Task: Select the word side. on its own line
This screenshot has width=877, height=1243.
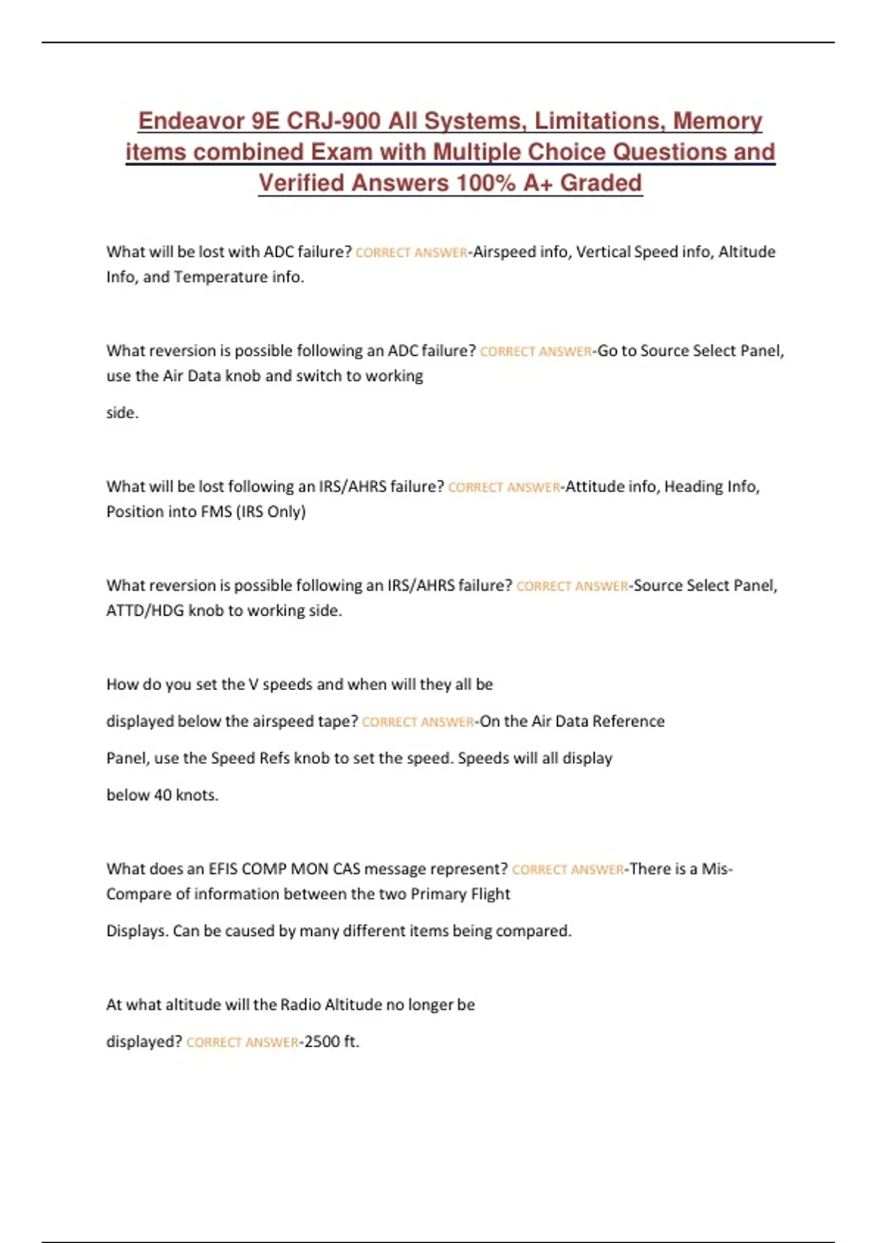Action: pos(122,413)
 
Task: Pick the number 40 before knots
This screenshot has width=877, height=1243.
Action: pos(162,795)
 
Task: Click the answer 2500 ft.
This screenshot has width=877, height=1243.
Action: pos(332,1041)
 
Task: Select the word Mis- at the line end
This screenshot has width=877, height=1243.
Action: pos(717,869)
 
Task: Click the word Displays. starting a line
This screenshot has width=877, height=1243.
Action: pos(137,931)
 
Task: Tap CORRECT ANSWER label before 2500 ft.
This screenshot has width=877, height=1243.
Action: pos(242,1042)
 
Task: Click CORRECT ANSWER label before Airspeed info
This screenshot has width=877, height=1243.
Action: pos(411,252)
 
